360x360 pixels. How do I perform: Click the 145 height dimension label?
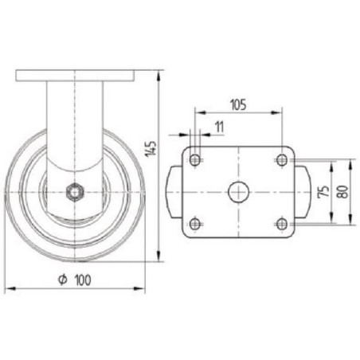click(x=151, y=149)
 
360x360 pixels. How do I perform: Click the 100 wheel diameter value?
click(x=83, y=280)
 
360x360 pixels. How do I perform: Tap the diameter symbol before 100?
click(x=63, y=280)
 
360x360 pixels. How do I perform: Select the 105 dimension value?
click(x=238, y=104)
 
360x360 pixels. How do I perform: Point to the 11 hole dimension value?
click(x=219, y=127)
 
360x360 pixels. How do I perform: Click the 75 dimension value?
click(x=323, y=192)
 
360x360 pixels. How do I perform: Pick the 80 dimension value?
click(x=342, y=192)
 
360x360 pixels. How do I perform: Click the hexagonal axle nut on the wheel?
click(x=75, y=192)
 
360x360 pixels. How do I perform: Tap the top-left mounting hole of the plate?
click(x=195, y=160)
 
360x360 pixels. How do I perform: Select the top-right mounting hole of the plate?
click(x=282, y=160)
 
